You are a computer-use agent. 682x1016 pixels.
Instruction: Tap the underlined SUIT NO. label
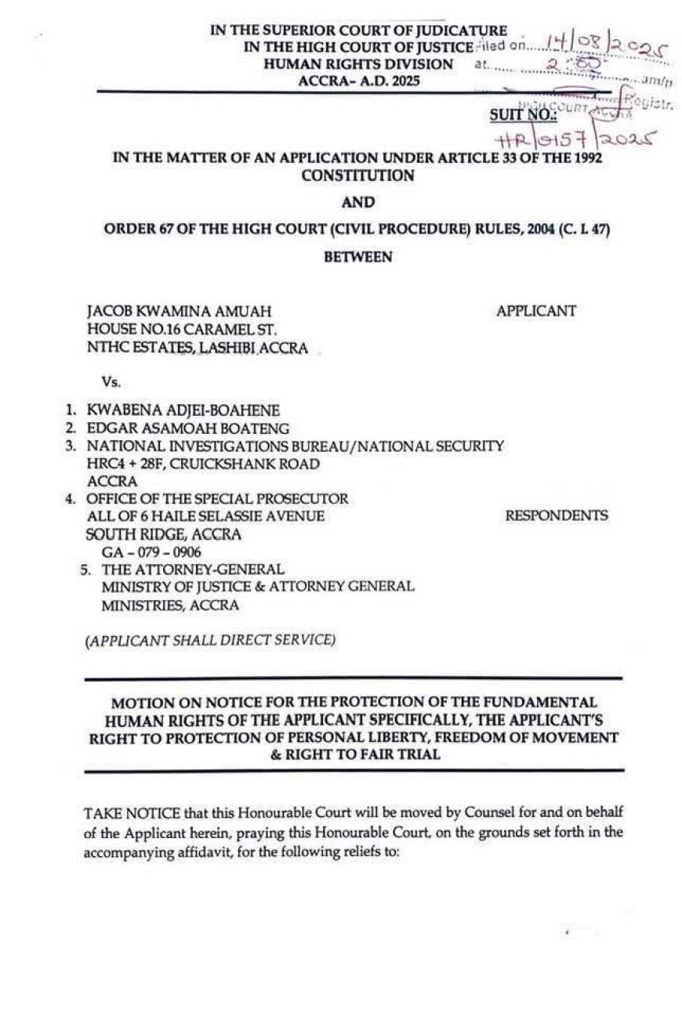click(x=523, y=115)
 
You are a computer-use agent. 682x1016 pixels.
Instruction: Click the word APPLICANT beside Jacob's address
click(x=535, y=311)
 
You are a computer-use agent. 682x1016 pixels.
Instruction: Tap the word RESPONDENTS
click(x=556, y=515)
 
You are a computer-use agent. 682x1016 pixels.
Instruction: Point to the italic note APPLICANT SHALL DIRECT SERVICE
click(x=210, y=640)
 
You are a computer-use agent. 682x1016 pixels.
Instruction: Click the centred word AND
click(x=357, y=203)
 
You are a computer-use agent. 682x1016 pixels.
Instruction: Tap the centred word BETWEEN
click(x=357, y=256)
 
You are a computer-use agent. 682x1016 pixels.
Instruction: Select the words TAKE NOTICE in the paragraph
click(x=120, y=811)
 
